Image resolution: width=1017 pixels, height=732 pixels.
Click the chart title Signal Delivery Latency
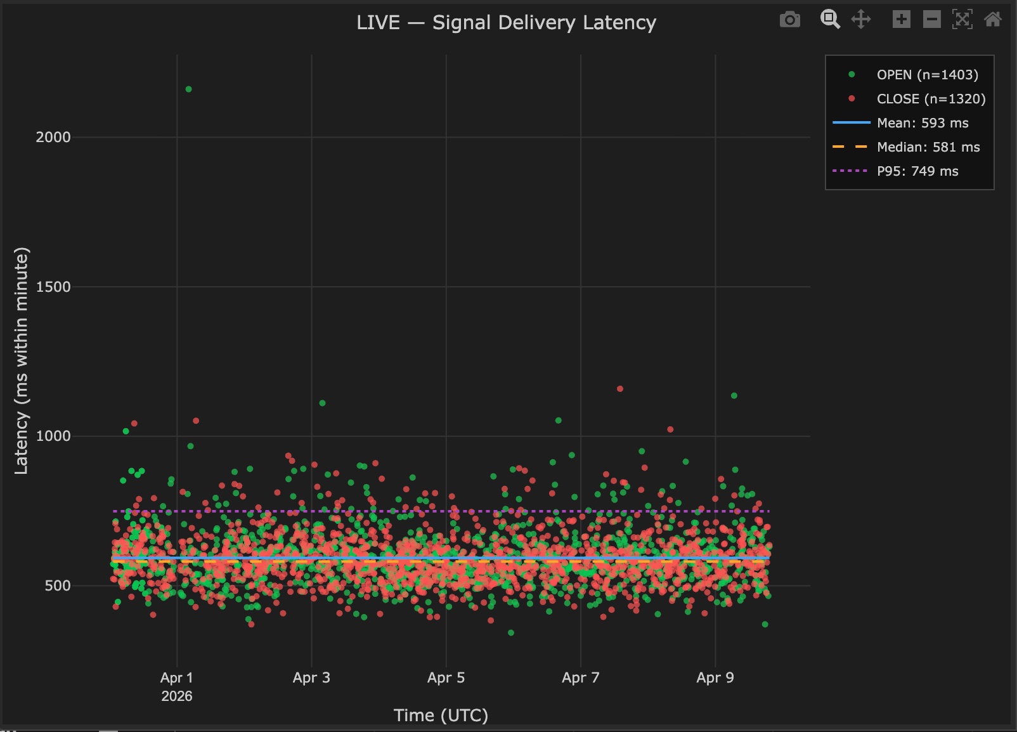(506, 23)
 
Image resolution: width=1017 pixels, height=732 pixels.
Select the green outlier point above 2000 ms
(188, 89)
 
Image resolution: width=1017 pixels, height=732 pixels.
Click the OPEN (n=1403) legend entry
(926, 75)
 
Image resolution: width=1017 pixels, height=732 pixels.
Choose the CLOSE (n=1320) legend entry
(930, 99)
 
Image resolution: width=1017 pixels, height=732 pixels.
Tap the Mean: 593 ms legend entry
(922, 123)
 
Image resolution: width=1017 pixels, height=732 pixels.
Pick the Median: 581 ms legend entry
(928, 147)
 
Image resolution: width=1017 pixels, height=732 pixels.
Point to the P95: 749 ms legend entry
(917, 171)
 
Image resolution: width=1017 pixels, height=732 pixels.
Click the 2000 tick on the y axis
(53, 137)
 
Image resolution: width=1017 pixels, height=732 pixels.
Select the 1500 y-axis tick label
(53, 287)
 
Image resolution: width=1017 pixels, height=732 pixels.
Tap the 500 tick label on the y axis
(58, 585)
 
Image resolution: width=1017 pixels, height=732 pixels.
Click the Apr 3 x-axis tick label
(311, 677)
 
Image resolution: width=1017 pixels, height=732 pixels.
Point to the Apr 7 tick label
(580, 677)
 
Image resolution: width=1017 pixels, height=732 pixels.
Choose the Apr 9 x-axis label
(715, 677)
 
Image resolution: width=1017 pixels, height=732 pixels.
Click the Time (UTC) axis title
(441, 716)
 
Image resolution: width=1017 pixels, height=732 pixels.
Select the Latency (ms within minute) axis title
(22, 360)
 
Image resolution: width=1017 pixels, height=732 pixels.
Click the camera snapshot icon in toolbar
(789, 20)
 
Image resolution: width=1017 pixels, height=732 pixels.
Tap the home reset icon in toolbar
(992, 20)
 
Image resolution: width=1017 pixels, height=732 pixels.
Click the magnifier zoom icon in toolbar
(830, 20)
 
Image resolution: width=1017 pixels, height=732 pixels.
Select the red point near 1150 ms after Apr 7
(620, 389)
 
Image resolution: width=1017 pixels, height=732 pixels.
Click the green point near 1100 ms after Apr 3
(322, 403)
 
